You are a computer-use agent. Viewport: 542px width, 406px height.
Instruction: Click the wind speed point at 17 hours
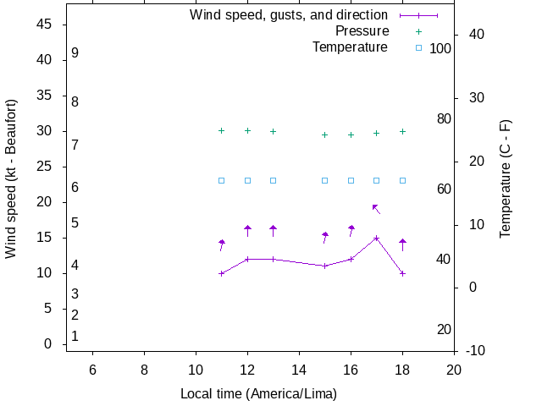(x=376, y=238)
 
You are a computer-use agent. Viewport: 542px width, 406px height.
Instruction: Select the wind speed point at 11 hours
(x=221, y=273)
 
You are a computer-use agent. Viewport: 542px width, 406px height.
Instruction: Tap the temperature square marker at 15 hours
(x=324, y=180)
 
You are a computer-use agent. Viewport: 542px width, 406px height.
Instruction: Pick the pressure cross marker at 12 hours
(x=247, y=130)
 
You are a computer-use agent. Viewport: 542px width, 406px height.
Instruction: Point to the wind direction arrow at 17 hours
(x=376, y=208)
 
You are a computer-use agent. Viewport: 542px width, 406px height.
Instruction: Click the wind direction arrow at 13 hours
(x=273, y=230)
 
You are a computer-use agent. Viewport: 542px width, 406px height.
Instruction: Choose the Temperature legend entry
(x=350, y=47)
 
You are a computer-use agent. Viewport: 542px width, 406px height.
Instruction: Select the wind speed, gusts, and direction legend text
(x=289, y=15)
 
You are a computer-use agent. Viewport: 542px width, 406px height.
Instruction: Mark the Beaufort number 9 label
(x=75, y=52)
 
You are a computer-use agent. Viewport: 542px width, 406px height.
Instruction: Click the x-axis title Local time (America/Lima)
(x=258, y=393)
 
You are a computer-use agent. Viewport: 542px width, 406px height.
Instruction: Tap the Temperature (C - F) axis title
(x=506, y=178)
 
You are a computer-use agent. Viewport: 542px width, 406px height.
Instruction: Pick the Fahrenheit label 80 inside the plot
(x=444, y=119)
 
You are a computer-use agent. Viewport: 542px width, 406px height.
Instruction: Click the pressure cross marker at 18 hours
(x=402, y=131)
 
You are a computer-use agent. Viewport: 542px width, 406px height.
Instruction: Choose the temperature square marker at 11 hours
(x=221, y=180)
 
